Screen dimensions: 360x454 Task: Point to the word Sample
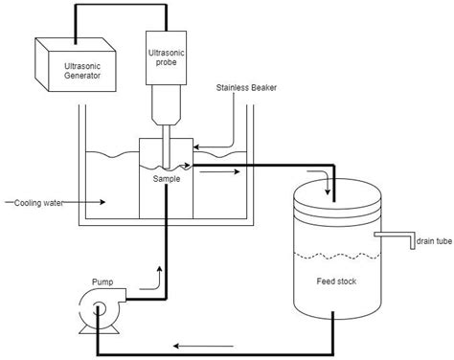click(168, 178)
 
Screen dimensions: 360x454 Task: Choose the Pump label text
click(102, 282)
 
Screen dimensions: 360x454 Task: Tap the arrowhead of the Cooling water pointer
click(103, 202)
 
